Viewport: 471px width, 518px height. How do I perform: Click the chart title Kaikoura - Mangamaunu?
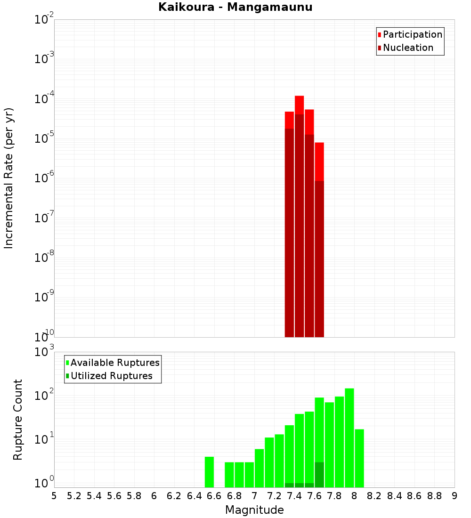coord(235,7)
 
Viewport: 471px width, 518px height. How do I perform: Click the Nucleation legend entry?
coord(407,48)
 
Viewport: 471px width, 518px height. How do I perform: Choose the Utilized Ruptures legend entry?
coord(111,376)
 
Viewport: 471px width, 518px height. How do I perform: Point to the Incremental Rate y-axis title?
coord(9,178)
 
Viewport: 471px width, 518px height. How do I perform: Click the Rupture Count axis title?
coord(18,420)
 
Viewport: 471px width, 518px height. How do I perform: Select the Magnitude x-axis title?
coord(254,510)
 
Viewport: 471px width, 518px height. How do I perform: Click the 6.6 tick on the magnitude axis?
coord(214,495)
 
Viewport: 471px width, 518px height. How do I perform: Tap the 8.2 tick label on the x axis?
coord(374,495)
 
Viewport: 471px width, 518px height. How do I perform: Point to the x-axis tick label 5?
coord(54,495)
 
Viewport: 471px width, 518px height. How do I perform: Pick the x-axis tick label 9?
coord(455,495)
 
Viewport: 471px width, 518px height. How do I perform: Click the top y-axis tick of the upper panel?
coord(44,20)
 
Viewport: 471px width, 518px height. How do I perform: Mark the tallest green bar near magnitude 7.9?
coord(349,438)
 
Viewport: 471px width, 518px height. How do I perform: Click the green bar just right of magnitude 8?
coord(359,458)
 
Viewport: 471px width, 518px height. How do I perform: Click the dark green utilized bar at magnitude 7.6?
coord(319,475)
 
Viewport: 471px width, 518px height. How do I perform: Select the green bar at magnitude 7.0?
coord(259,468)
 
